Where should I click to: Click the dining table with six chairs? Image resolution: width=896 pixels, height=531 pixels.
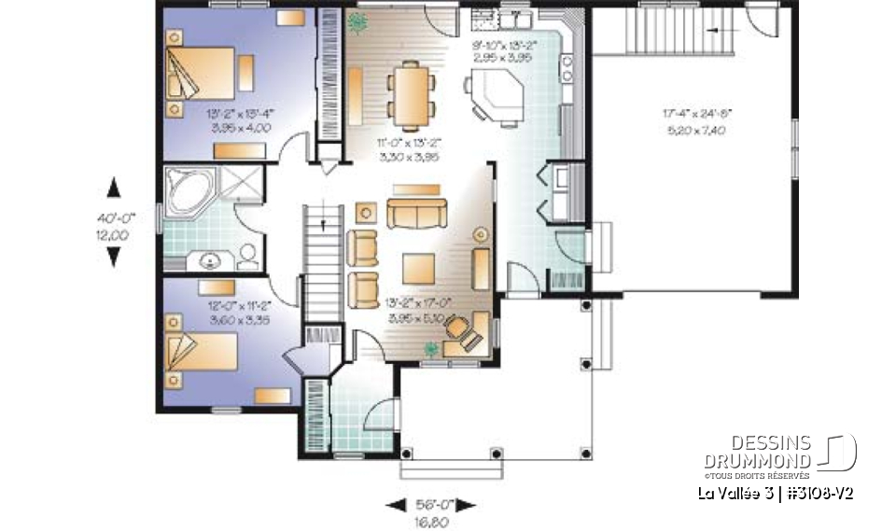tap(411, 93)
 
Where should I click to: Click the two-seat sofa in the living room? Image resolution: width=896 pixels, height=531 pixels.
tap(416, 214)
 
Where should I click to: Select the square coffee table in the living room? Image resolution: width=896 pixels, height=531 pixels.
tap(417, 268)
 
